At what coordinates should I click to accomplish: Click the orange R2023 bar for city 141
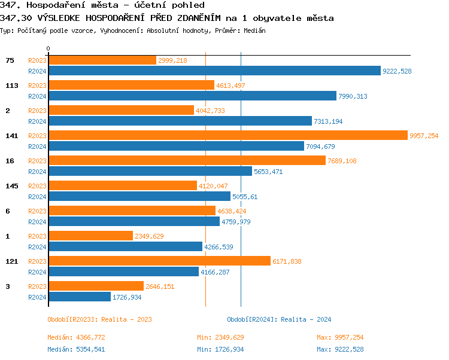(x=227, y=136)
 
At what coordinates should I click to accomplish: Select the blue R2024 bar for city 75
(x=214, y=71)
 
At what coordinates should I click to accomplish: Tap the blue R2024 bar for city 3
(x=80, y=297)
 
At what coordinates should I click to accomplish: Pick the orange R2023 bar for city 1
(x=90, y=236)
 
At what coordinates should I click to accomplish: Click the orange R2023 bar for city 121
(x=159, y=261)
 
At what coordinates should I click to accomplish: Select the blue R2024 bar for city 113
(x=192, y=96)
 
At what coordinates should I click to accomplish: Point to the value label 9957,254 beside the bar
(x=424, y=136)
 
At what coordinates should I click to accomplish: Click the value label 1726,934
(x=128, y=297)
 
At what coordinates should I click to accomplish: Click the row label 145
(x=12, y=186)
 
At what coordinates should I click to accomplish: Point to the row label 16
(x=10, y=161)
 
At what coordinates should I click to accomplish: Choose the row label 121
(x=12, y=261)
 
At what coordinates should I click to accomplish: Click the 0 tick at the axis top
(x=48, y=48)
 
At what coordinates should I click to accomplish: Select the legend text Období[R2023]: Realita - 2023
(x=99, y=319)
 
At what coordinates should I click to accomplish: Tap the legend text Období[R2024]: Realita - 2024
(x=279, y=319)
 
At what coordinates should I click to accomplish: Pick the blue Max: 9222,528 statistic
(x=340, y=349)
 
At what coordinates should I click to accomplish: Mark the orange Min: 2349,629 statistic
(x=220, y=337)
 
